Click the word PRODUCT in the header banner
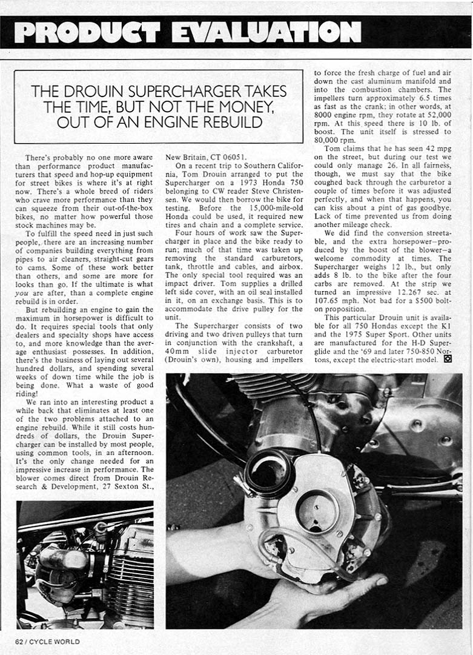coord(87,32)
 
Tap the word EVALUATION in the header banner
coord(266,32)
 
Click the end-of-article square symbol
coord(448,358)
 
